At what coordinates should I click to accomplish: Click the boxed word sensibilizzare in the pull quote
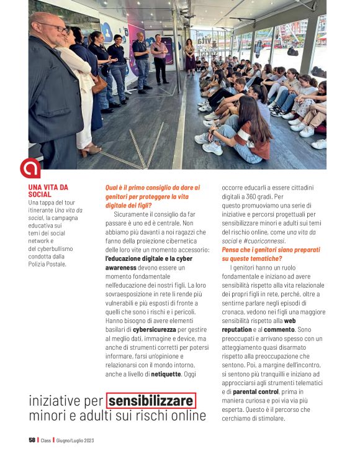tap(151, 401)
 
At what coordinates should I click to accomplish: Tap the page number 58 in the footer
tap(32, 440)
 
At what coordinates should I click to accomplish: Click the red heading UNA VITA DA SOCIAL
tap(48, 191)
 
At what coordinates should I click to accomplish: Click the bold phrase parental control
tap(255, 391)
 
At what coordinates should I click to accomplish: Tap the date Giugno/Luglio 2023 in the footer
tap(75, 440)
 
